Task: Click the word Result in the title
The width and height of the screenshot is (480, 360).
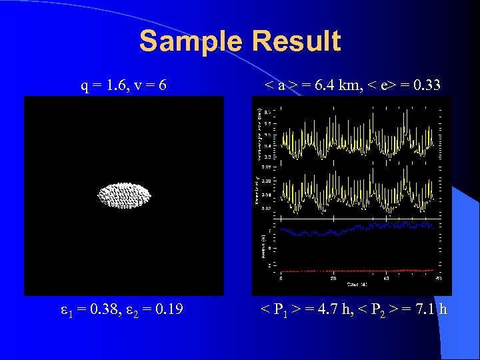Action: point(297,41)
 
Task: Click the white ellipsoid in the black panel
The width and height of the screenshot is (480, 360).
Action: point(125,195)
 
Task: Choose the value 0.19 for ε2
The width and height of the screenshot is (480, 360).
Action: point(168,310)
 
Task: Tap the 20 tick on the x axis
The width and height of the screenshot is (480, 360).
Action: point(333,278)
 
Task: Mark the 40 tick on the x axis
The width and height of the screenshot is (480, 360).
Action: point(386,278)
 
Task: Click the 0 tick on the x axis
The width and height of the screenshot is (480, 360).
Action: point(280,278)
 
